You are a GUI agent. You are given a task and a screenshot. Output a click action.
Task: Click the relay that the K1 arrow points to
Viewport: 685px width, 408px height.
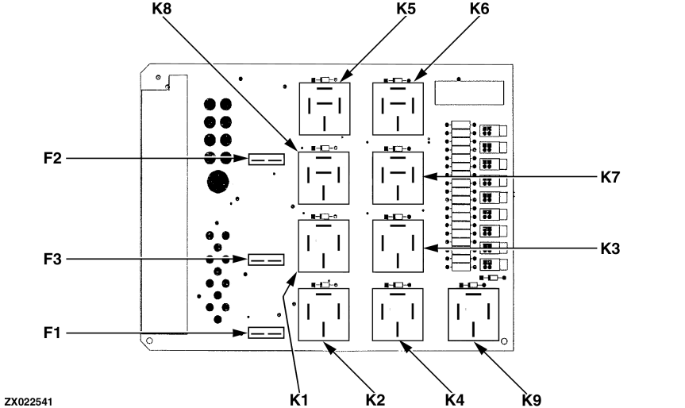(323, 246)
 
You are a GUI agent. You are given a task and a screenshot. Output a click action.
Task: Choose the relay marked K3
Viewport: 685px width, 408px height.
(398, 246)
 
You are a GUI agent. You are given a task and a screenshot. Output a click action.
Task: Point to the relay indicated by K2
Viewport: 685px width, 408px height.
(323, 315)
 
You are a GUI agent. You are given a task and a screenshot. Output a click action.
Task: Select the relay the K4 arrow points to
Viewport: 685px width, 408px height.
(398, 315)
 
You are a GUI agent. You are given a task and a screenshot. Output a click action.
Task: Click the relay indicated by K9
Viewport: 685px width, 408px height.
(473, 315)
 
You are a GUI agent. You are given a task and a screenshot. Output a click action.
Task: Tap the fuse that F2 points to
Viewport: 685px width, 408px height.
(267, 160)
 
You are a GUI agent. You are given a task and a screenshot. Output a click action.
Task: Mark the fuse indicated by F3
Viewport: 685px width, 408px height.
(267, 260)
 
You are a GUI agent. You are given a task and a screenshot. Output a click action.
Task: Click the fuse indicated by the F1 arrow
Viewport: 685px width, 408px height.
(267, 333)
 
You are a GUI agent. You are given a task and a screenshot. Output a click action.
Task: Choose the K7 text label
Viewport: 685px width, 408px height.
(610, 177)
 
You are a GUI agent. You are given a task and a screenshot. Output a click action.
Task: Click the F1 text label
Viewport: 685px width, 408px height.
(53, 333)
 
